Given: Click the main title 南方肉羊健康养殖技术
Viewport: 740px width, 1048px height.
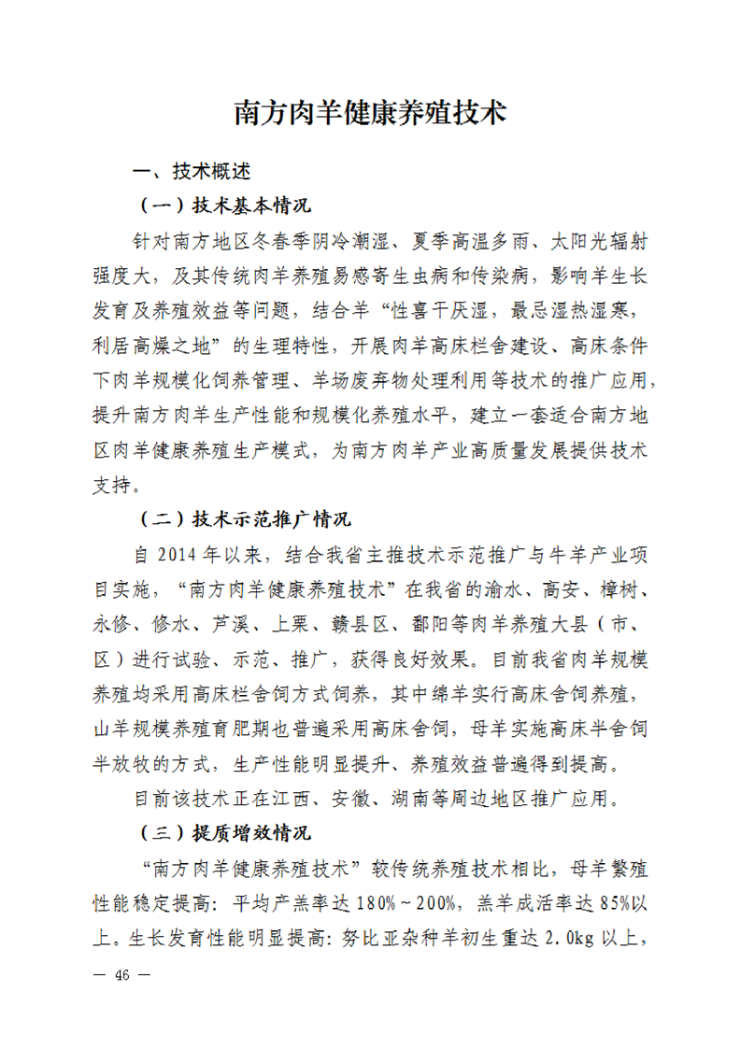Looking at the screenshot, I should [369, 113].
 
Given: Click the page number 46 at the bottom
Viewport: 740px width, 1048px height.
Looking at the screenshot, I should [121, 975].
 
